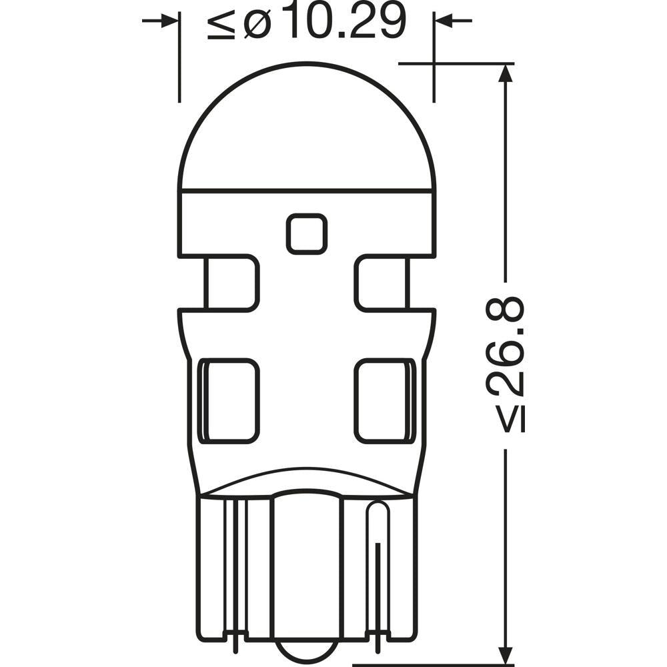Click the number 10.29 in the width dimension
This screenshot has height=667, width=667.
(338, 21)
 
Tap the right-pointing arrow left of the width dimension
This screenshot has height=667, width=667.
(167, 21)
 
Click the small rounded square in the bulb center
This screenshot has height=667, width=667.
(307, 234)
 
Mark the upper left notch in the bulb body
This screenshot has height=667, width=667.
(230, 283)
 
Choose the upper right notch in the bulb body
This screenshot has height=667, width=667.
(382, 283)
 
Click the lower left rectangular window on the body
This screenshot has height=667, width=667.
(229, 400)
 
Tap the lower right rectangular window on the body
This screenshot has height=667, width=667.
(384, 400)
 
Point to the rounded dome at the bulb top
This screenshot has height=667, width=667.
(307, 127)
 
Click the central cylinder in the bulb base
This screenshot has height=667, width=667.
(307, 574)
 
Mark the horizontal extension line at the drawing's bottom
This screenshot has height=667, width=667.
(434, 664)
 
